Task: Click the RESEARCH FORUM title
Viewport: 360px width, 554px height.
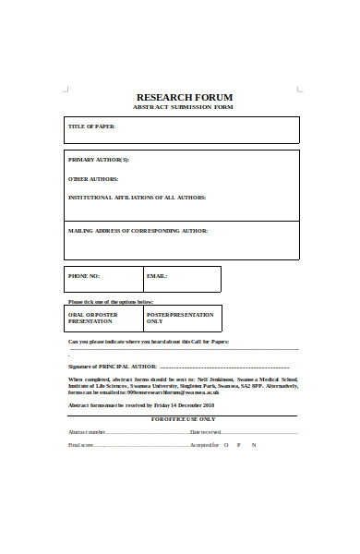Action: click(185, 97)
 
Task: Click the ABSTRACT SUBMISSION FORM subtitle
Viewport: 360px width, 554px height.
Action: click(185, 108)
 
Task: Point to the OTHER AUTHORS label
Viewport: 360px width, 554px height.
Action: click(93, 178)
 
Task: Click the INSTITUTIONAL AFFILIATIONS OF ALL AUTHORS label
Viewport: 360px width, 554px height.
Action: click(137, 197)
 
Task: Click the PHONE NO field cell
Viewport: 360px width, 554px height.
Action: click(103, 279)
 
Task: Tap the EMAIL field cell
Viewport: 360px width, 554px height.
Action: click(182, 279)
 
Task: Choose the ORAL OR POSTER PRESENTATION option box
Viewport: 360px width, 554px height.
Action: click(103, 318)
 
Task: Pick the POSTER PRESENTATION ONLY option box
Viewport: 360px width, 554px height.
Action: click(182, 318)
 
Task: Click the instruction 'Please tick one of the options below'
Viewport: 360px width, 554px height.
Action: click(111, 302)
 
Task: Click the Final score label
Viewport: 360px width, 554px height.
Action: click(81, 445)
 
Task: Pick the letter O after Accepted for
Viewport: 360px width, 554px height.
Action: click(225, 445)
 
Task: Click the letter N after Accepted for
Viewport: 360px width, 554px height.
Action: click(254, 445)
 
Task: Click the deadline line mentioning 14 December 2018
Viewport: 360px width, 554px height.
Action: click(141, 404)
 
